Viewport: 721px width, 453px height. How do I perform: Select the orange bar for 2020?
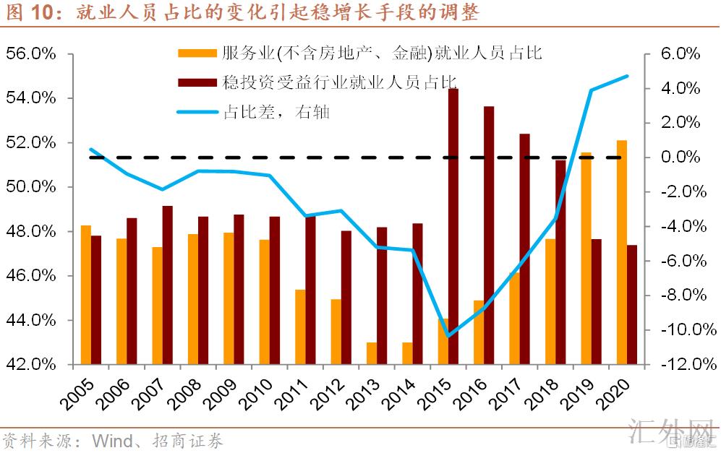pos(622,252)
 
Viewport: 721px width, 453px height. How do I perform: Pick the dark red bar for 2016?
pos(489,235)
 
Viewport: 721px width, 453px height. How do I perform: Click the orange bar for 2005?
pos(86,295)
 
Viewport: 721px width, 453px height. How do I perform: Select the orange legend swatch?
pos(196,53)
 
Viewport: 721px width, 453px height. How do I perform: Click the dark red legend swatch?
pos(196,82)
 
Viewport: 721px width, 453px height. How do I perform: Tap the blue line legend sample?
pos(196,112)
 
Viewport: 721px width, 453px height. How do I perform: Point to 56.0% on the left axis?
pos(30,54)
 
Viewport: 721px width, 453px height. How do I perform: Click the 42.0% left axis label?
pos(30,364)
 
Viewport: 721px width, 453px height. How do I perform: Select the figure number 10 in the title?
pos(42,13)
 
